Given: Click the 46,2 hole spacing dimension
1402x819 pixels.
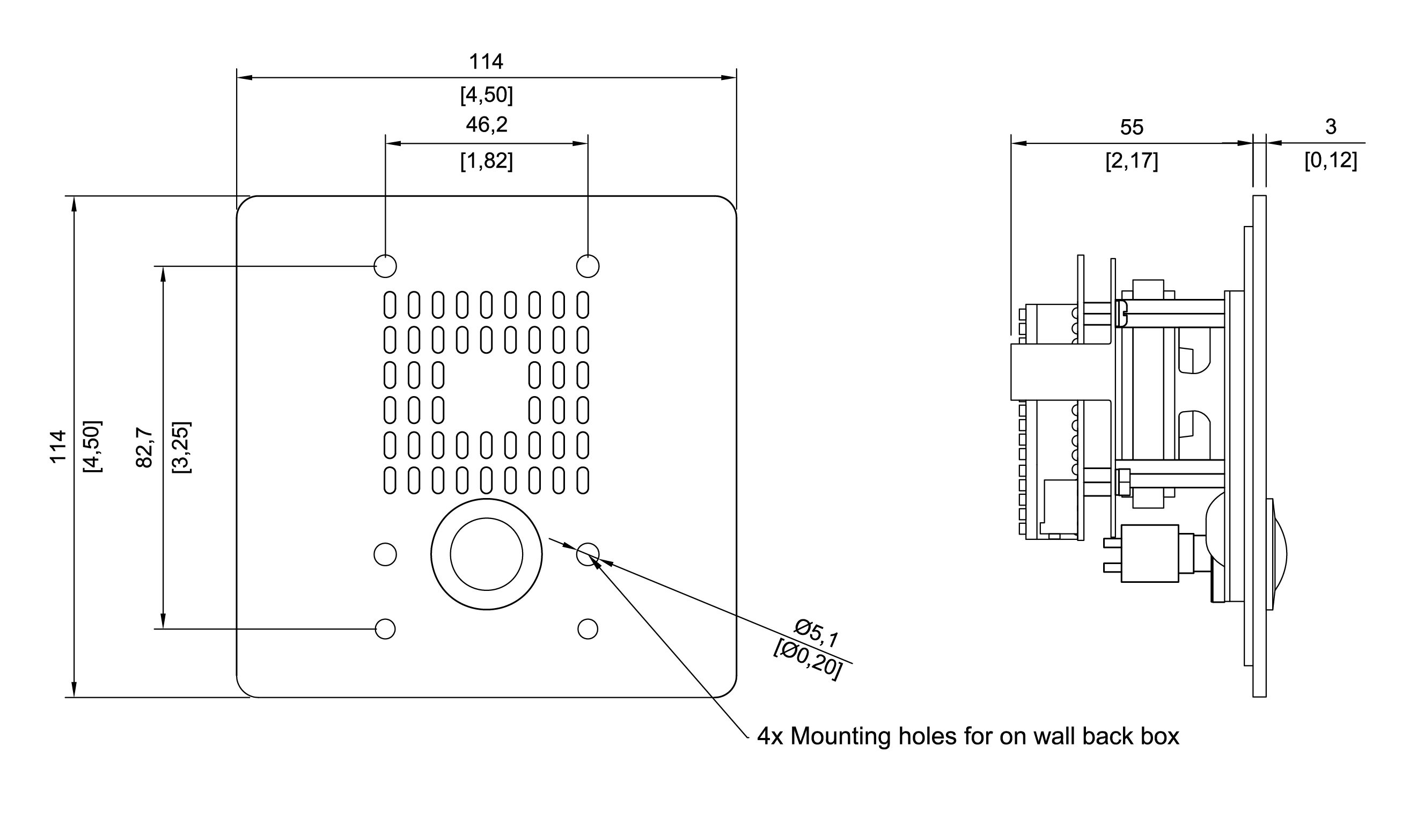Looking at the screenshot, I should point(486,125).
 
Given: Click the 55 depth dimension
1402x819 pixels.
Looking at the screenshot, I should point(1131,127).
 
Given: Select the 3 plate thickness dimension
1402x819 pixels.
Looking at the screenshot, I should point(1330,127).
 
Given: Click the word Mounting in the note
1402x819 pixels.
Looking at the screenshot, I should point(840,737).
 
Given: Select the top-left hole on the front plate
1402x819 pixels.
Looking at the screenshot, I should point(385,266).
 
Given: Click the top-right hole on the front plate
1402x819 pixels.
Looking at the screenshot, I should point(588,266).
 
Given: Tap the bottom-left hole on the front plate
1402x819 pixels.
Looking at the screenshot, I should point(385,628).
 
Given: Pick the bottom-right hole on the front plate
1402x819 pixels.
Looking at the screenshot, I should point(588,628).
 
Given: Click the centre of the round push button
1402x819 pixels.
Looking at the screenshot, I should point(486,554).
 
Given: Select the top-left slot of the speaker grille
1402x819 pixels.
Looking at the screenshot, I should point(390,305).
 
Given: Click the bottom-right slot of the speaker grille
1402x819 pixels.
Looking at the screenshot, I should point(583,480).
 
